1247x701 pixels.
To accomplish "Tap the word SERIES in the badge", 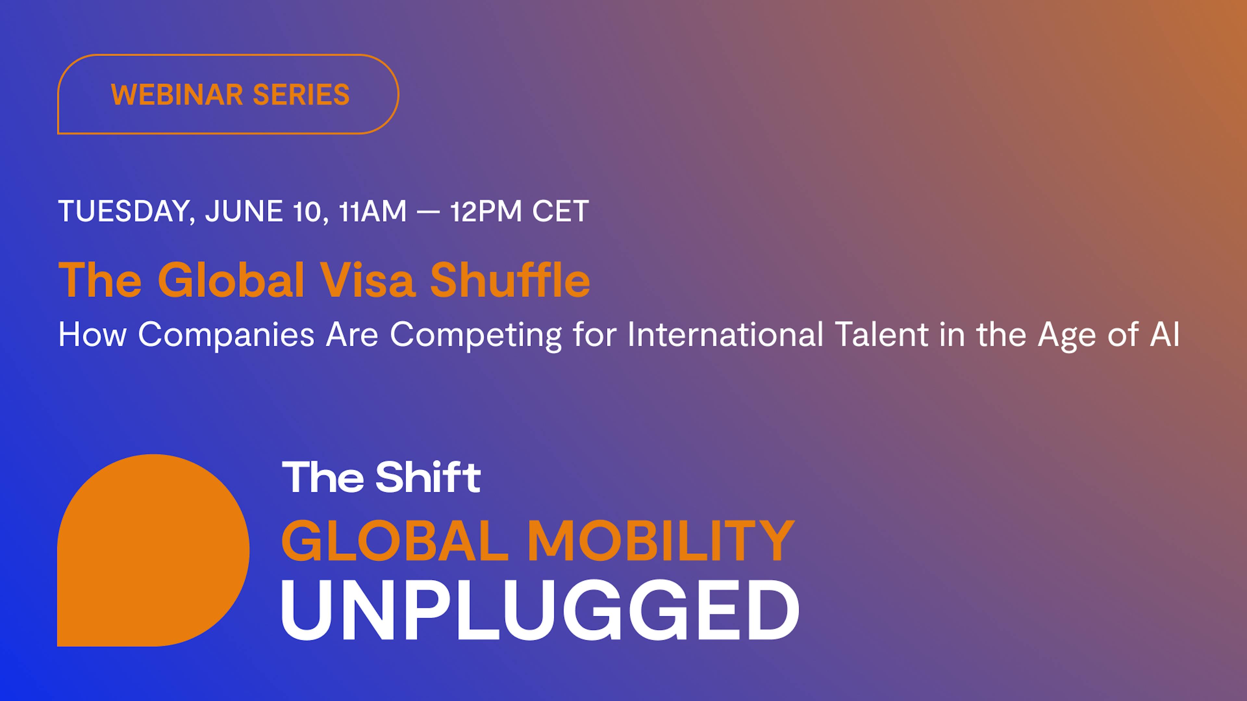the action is [301, 94].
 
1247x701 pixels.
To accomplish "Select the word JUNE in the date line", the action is [244, 211].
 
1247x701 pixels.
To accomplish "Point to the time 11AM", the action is [373, 211].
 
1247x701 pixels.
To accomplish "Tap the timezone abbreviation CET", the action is [561, 211].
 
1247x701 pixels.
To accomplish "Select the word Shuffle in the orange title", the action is [510, 280].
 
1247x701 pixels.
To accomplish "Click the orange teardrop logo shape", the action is [154, 550].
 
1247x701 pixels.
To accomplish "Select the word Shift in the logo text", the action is [428, 477].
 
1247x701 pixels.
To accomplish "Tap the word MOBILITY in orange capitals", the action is [661, 541].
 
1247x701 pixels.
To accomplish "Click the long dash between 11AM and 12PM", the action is [428, 211].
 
